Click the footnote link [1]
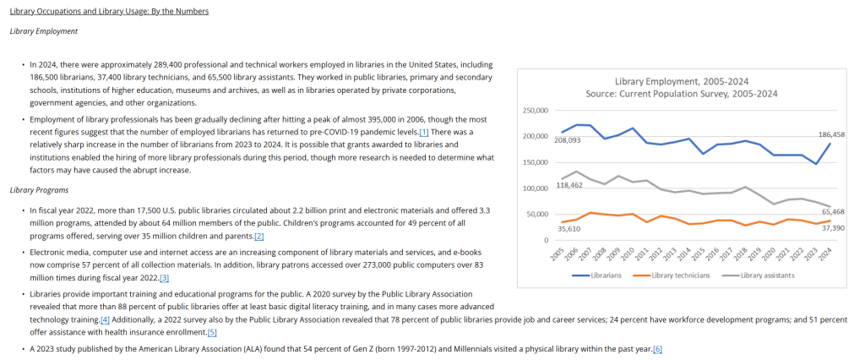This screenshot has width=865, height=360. click(424, 132)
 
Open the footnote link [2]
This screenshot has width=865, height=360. click(259, 237)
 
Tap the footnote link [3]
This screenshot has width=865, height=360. click(164, 278)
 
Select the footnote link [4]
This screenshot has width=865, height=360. click(105, 319)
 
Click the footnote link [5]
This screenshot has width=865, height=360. click(212, 332)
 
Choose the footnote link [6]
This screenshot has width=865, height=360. click(657, 349)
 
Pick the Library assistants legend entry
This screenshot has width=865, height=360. click(758, 275)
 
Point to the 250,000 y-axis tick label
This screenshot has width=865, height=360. click(535, 111)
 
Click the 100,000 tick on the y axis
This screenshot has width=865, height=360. click(535, 188)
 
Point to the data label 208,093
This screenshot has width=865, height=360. click(568, 140)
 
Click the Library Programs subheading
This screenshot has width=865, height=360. click(39, 190)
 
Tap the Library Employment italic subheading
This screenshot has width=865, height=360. click(44, 31)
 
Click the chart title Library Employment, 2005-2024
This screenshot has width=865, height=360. click(682, 82)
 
